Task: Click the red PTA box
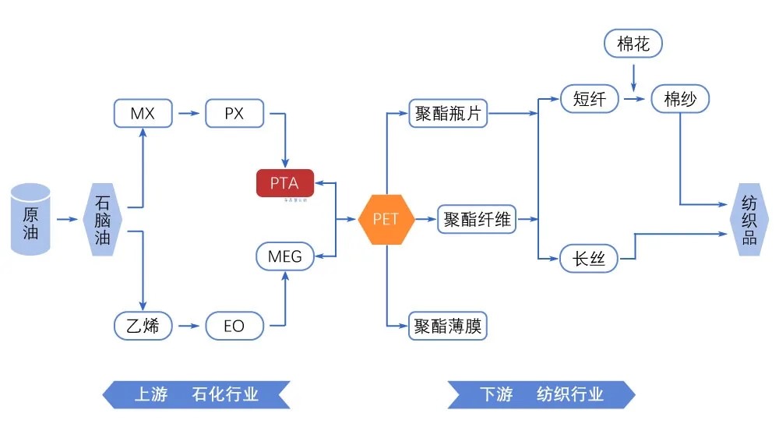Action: [285, 183]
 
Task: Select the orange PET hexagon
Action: [386, 219]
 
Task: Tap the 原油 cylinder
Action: [30, 219]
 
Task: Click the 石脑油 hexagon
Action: [103, 219]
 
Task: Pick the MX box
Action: [143, 114]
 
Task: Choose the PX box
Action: [234, 114]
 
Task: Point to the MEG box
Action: [285, 256]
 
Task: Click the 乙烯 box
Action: [143, 325]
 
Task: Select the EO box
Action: [234, 326]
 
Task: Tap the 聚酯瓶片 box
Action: [447, 114]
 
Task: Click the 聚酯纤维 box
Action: [477, 219]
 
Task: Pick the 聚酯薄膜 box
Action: [447, 326]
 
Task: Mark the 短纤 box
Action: [589, 99]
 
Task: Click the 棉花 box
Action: [633, 44]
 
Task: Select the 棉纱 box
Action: [681, 99]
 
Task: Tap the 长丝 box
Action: [589, 258]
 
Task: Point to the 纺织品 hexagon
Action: [749, 219]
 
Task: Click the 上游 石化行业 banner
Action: [196, 394]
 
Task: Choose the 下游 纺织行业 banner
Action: [541, 394]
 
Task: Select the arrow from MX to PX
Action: [188, 114]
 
